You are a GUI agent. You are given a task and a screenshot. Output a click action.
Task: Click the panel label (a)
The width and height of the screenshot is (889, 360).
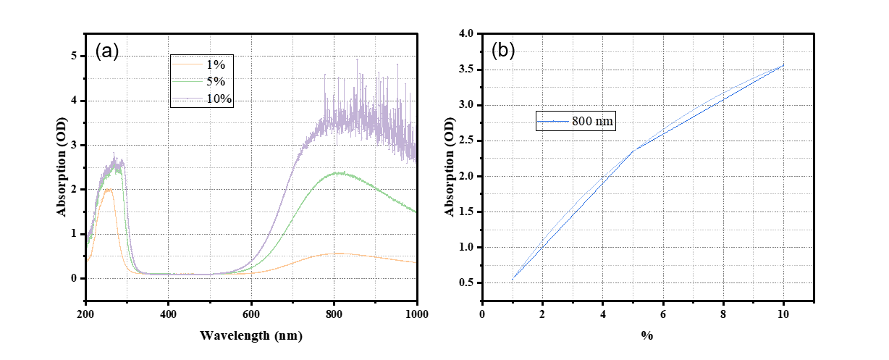click(106, 51)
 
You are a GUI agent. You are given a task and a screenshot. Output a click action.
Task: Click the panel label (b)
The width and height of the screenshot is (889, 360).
click(504, 51)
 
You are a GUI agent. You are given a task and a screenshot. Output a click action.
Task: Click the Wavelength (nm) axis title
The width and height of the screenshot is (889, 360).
click(251, 336)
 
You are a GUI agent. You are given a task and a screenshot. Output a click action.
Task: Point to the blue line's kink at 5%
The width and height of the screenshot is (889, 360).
click(633, 151)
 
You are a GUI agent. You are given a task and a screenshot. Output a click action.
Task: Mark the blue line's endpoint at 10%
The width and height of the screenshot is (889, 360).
click(783, 65)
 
